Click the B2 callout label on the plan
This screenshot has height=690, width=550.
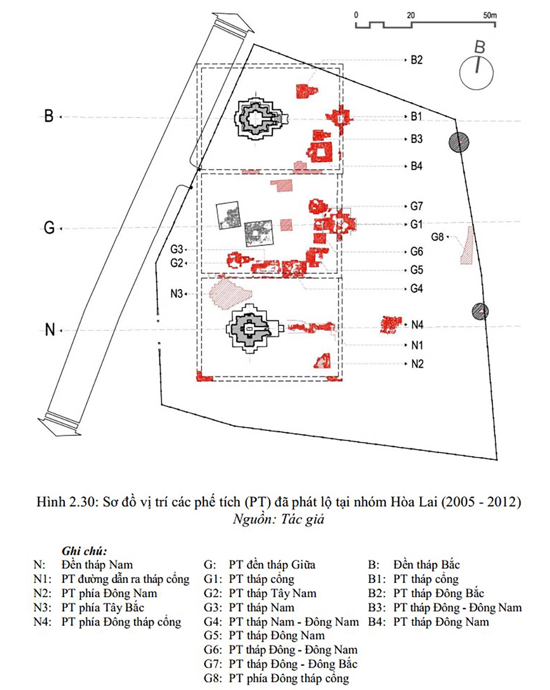[x=417, y=60]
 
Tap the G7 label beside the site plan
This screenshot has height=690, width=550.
[x=417, y=206]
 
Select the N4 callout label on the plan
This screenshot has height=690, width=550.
[x=417, y=325]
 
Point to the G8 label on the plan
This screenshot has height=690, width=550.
[x=437, y=237]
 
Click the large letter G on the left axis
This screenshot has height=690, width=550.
[x=49, y=228]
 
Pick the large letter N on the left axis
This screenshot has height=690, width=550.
[x=50, y=329]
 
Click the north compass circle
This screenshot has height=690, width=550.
[x=476, y=73]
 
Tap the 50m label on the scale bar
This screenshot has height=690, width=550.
[x=490, y=16]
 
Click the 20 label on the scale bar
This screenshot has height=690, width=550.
[x=411, y=16]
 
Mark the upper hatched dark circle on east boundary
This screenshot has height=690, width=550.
[x=459, y=142]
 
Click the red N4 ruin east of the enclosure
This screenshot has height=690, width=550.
[x=390, y=325]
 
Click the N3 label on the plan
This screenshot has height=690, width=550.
[x=176, y=293]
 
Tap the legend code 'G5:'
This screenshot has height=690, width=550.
[x=213, y=635]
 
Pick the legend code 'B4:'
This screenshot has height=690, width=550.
[x=377, y=622]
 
